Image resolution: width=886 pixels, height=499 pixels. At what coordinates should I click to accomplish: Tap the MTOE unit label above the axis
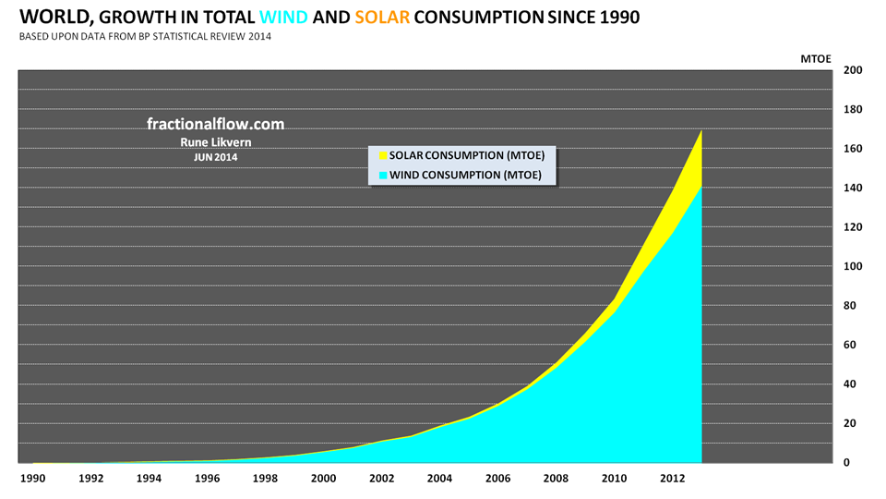[816, 58]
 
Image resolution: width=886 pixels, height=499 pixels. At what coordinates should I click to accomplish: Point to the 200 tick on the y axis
[854, 70]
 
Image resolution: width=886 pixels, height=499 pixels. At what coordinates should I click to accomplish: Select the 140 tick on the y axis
[854, 189]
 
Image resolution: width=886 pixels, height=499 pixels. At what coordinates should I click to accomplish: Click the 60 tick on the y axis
[854, 346]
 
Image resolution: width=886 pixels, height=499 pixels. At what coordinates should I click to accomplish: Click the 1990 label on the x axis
[32, 479]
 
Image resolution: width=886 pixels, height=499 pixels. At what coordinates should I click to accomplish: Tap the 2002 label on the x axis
[381, 479]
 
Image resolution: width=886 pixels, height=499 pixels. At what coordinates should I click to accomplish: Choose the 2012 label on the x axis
[672, 479]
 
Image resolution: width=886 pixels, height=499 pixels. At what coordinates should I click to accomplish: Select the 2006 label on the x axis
[497, 479]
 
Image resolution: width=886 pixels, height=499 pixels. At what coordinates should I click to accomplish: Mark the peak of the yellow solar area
[701, 132]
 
